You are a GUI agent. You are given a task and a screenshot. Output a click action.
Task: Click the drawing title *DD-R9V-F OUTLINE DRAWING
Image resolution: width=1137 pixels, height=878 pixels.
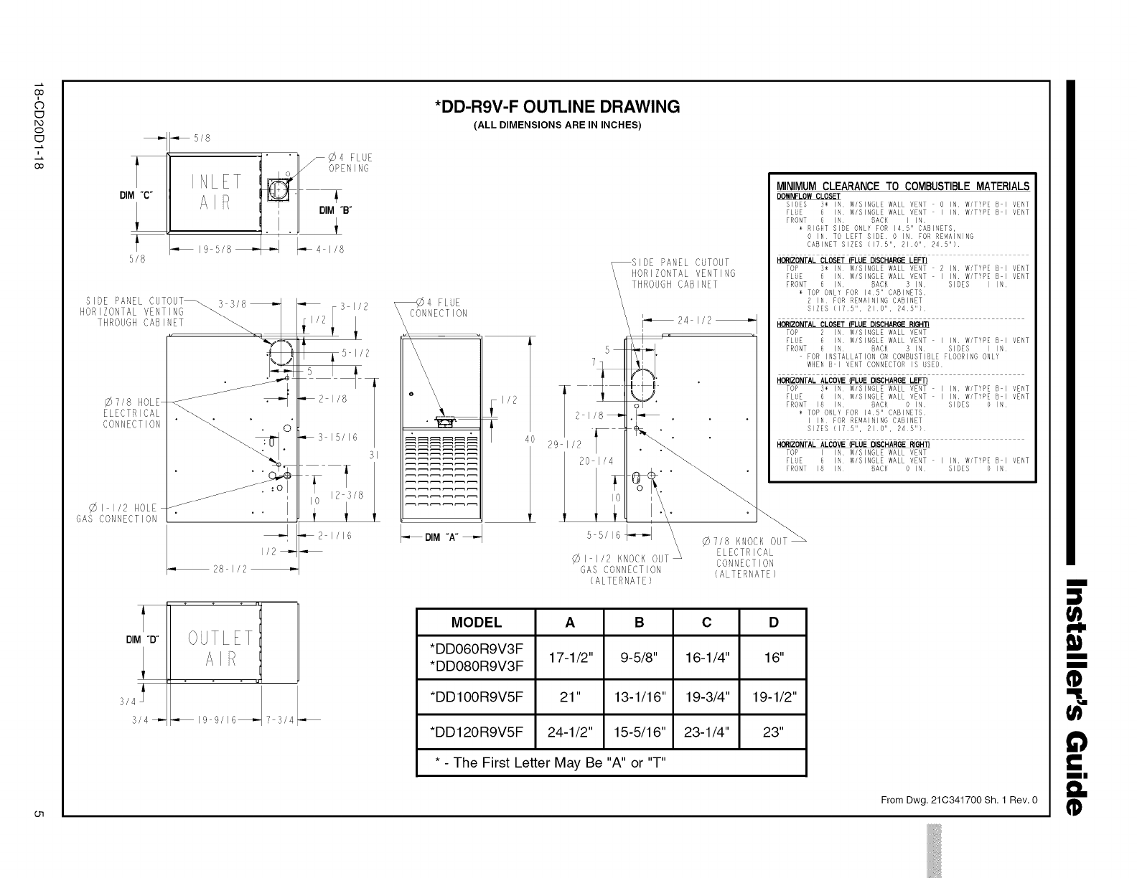(x=557, y=108)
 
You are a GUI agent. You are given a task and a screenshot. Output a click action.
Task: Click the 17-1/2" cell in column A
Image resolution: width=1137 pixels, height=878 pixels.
(x=569, y=658)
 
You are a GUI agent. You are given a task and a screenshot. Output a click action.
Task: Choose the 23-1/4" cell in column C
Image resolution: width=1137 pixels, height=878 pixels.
(x=706, y=732)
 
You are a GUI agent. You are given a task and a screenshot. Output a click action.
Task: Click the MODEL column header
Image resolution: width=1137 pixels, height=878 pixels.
(x=477, y=622)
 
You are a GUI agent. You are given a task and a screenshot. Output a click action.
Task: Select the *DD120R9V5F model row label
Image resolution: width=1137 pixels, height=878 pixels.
(x=477, y=732)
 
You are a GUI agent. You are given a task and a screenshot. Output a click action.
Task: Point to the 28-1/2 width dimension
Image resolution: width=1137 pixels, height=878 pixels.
(x=230, y=569)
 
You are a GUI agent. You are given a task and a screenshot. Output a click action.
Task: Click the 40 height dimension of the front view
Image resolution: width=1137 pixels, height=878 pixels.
(x=531, y=440)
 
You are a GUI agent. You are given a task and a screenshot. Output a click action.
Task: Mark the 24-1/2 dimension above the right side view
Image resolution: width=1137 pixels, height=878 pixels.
(x=694, y=321)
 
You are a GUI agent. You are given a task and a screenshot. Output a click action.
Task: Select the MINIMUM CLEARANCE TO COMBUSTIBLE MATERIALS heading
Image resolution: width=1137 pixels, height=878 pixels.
(x=902, y=187)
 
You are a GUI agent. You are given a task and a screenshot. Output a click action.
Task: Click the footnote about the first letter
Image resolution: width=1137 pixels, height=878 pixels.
(x=551, y=763)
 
